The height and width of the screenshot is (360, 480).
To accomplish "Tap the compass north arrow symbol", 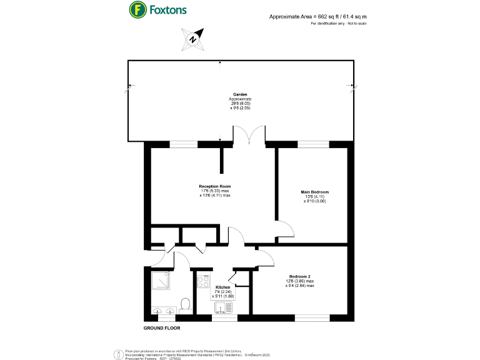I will [x=194, y=39].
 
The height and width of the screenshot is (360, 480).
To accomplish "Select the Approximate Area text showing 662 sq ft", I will [x=317, y=16].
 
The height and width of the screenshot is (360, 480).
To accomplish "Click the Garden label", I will [x=240, y=95].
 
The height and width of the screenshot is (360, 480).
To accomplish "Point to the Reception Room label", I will [x=215, y=186].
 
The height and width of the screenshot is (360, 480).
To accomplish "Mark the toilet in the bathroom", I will [x=184, y=305].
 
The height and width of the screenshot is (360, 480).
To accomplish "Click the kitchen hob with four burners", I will [x=203, y=281].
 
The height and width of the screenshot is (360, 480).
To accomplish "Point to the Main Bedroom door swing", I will [x=284, y=230].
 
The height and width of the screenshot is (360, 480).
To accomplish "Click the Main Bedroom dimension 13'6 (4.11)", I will [x=315, y=197].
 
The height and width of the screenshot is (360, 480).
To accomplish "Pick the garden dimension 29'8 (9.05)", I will [x=240, y=104].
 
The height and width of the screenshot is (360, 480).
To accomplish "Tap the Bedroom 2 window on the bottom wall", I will [x=311, y=319].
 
